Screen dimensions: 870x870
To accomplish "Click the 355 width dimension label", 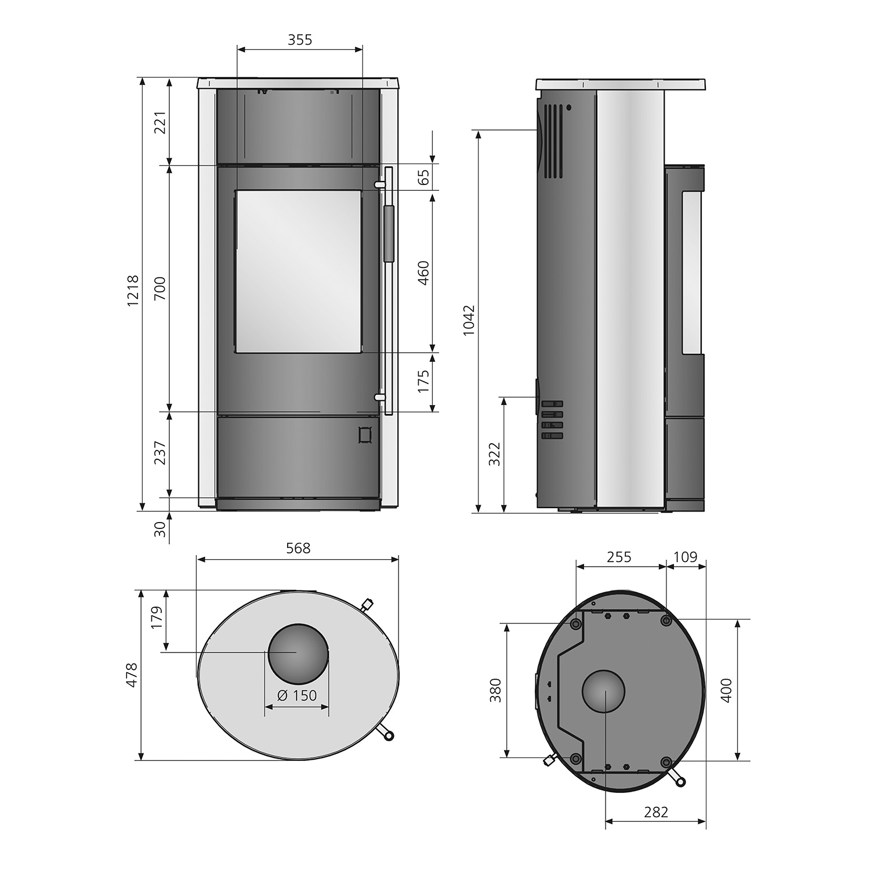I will tap(300, 39).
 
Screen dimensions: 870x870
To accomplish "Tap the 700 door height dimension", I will tap(160, 288).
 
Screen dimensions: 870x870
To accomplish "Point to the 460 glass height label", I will tap(424, 273).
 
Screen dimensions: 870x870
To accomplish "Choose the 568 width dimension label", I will tap(298, 548).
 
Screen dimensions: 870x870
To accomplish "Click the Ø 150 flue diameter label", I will tap(297, 695).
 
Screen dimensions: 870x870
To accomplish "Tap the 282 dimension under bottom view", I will tap(656, 812).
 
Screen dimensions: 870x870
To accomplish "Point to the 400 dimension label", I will tap(727, 690).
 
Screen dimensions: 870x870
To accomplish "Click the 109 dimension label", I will tap(685, 557).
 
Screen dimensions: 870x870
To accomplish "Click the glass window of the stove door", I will tap(298, 271).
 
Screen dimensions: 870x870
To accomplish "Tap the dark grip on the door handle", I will tap(387, 233).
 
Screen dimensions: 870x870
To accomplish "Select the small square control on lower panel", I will tap(365, 434).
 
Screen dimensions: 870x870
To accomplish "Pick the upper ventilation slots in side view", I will tap(552, 141).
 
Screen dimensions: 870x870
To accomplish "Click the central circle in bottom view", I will tap(604, 691).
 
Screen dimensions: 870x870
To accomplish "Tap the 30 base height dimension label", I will tap(160, 528).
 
